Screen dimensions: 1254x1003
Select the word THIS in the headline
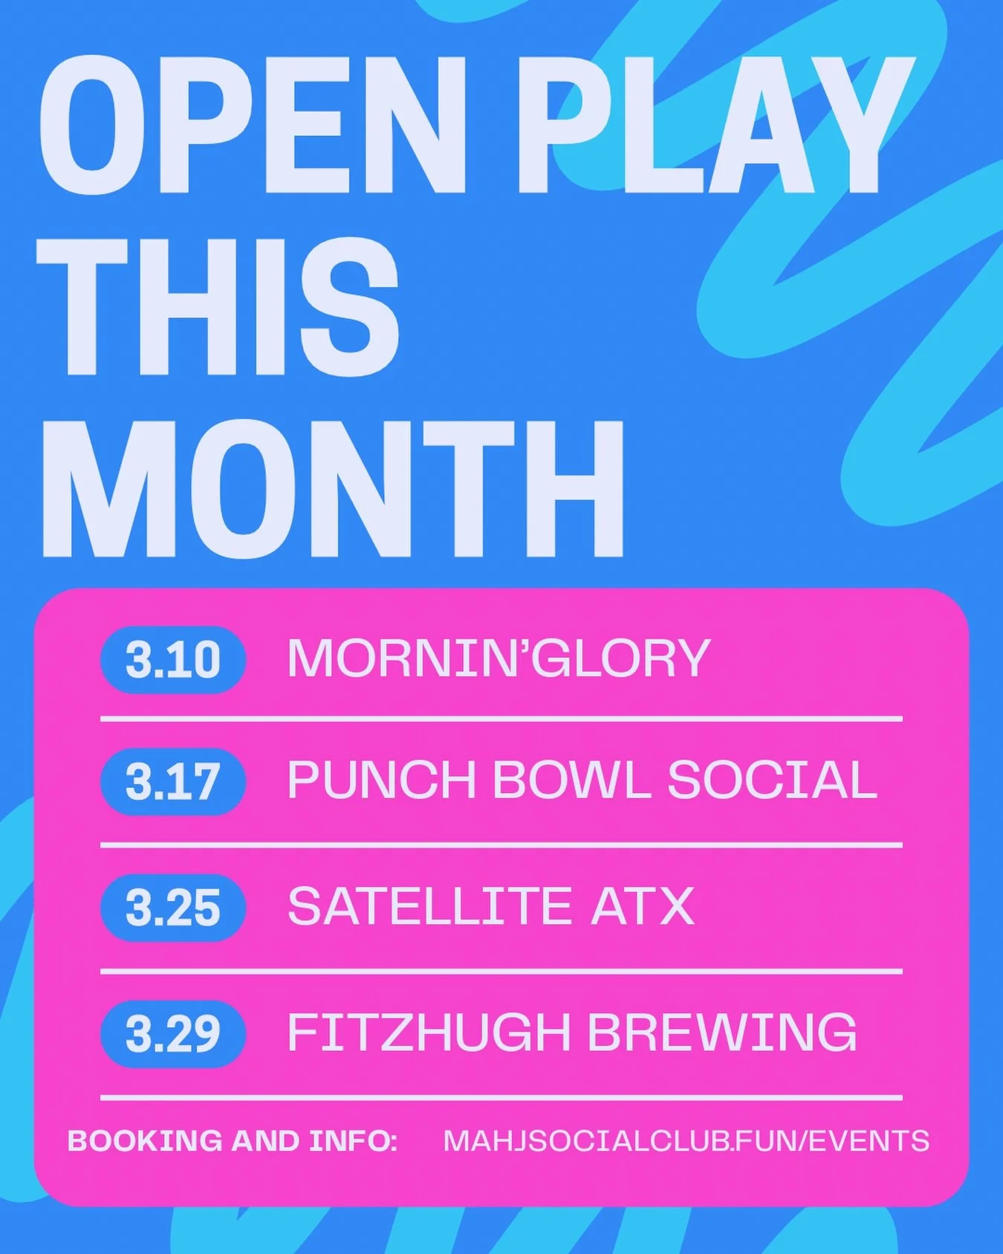pyautogui.click(x=219, y=308)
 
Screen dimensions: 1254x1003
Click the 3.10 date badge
pyautogui.click(x=172, y=659)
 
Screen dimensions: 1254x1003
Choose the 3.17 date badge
pyautogui.click(x=172, y=781)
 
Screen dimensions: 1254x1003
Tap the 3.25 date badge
pyautogui.click(x=172, y=908)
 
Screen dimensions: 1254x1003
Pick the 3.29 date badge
pyautogui.click(x=172, y=1034)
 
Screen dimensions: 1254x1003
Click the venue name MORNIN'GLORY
pyautogui.click(x=498, y=659)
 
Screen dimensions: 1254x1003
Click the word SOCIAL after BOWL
pyautogui.click(x=772, y=780)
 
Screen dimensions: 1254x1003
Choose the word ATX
pyautogui.click(x=643, y=907)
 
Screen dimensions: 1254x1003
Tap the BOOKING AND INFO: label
pyautogui.click(x=233, y=1141)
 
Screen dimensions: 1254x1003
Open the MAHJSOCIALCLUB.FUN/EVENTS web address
pyautogui.click(x=686, y=1141)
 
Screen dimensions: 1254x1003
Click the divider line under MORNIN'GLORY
pyautogui.click(x=501, y=720)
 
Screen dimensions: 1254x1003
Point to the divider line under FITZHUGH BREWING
pyautogui.click(x=501, y=1097)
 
